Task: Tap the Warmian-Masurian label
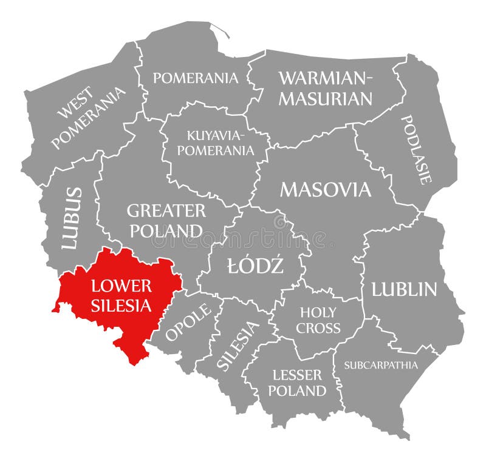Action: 325,88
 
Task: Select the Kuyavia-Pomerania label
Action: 212,142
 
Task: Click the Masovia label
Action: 325,190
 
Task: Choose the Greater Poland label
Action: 165,221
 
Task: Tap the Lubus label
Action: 72,218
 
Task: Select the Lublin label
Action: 404,289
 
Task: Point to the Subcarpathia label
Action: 381,365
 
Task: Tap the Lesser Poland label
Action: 297,383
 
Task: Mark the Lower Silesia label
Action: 122,295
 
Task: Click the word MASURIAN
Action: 325,99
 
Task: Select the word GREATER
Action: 166,211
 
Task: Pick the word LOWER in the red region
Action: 122,286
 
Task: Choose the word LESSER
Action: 297,375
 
